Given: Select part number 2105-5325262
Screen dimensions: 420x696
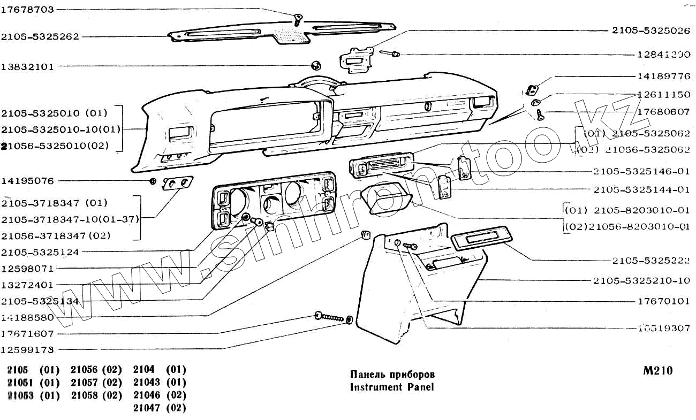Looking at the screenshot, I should [40, 37].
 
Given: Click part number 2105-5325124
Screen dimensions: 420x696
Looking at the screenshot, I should [40, 251].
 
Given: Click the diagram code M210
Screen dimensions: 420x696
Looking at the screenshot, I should [658, 371].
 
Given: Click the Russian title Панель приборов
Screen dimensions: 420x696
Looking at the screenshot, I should [392, 374].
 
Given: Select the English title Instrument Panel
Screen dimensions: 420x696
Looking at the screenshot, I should [392, 386].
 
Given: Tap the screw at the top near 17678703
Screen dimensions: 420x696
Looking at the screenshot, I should [298, 20].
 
